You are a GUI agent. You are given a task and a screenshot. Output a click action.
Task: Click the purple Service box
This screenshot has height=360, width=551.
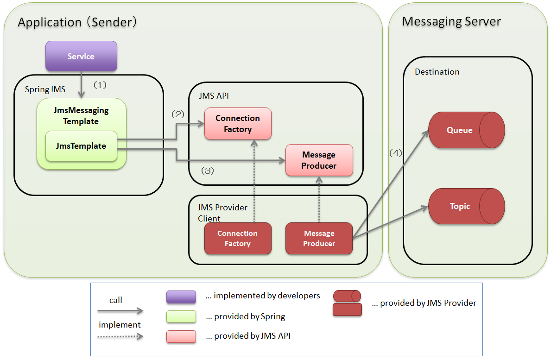pos(81,56)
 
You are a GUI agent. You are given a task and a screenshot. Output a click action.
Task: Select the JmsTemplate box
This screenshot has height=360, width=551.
pos(81,146)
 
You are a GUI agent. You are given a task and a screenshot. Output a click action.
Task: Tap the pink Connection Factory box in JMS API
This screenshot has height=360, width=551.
pos(238,124)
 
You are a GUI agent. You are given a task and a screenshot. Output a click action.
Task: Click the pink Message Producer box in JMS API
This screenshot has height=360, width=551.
pos(319,160)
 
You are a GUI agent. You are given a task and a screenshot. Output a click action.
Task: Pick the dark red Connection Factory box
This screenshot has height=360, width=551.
pos(238,239)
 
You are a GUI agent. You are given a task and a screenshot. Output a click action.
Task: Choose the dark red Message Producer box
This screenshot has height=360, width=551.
pos(319,239)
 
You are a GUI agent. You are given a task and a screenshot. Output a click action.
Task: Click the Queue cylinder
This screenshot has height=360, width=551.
pos(466,130)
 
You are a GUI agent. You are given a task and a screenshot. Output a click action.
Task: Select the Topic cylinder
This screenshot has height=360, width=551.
pos(466,206)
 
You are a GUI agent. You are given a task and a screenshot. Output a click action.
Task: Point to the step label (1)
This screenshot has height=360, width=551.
pos(101,85)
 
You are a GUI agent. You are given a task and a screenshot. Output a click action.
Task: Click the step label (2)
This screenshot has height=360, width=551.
pos(178,114)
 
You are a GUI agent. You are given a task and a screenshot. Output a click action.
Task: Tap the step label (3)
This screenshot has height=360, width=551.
pos(207,171)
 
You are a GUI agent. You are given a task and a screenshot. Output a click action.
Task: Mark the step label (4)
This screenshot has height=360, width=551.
pos(395,153)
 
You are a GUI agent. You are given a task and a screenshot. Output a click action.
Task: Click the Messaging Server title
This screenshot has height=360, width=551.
pos(451,21)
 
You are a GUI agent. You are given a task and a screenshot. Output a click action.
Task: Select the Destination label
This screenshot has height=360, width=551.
pos(437,72)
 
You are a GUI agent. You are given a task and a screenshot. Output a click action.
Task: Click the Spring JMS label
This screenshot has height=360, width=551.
pos(45,89)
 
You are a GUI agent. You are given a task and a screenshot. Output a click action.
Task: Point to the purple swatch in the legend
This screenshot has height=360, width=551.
pos(181,297)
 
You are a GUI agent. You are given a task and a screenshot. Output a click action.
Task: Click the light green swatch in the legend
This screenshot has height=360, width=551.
pos(181,316)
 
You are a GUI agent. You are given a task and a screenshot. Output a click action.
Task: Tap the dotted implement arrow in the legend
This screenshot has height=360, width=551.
pos(120,336)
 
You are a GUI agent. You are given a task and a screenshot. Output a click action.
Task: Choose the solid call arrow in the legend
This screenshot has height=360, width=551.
pos(120,311)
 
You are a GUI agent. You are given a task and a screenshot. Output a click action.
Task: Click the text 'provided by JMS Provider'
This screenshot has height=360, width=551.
pos(428,303)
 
